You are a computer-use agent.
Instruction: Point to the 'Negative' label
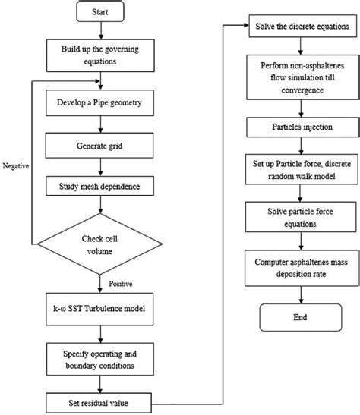[17, 165]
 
